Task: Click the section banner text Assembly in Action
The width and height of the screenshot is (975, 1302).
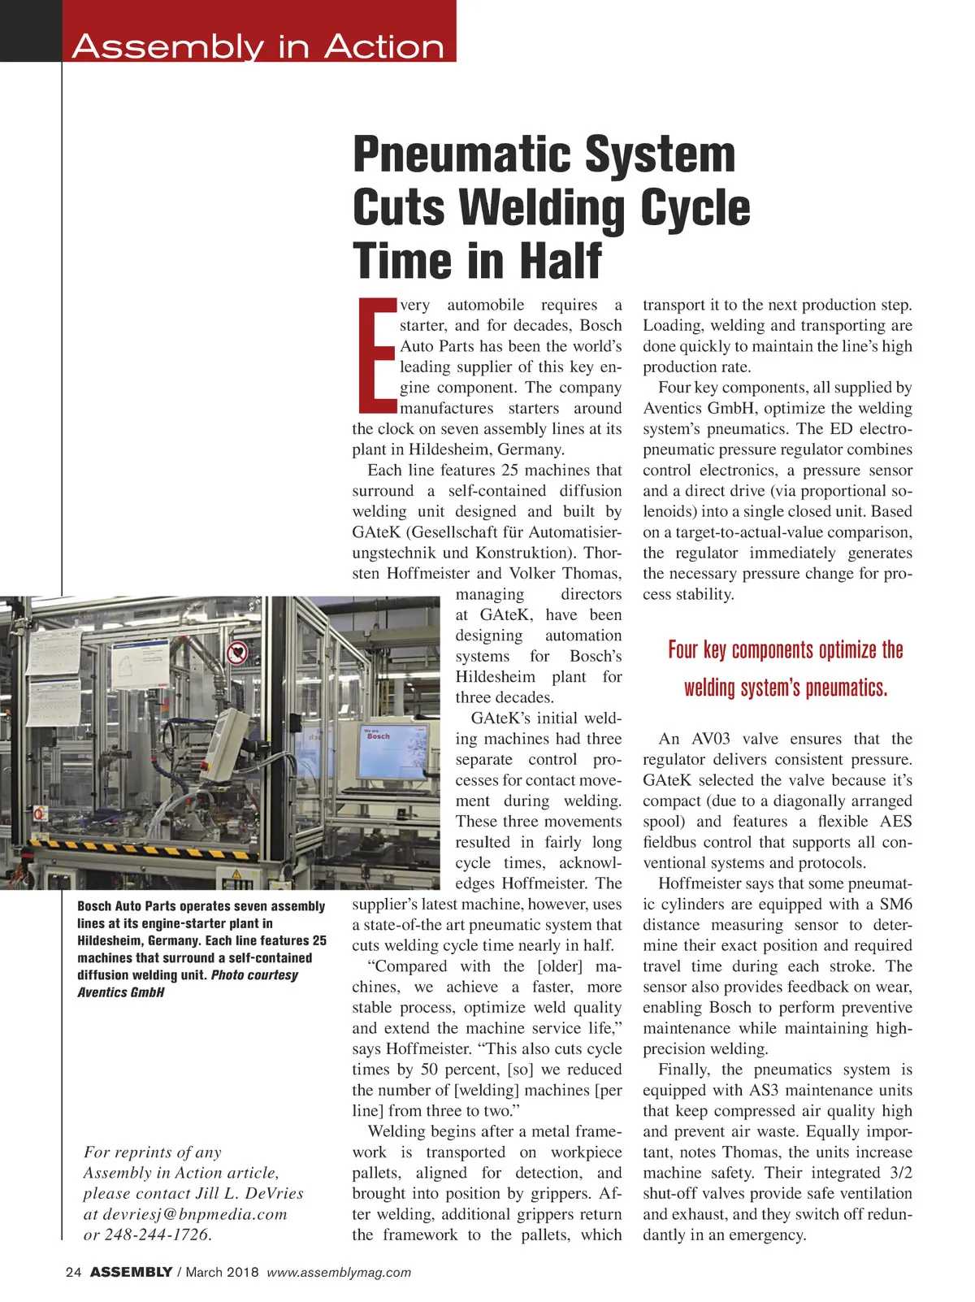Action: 258,46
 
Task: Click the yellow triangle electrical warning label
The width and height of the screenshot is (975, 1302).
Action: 236,874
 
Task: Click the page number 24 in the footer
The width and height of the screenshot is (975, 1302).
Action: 73,1272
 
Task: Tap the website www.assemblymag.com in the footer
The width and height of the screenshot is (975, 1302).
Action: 339,1272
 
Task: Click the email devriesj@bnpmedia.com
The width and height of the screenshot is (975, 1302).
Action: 194,1213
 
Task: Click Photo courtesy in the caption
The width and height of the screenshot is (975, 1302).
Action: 254,974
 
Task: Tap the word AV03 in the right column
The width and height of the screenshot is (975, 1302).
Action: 710,739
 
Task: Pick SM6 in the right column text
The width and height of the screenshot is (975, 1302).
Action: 895,904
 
